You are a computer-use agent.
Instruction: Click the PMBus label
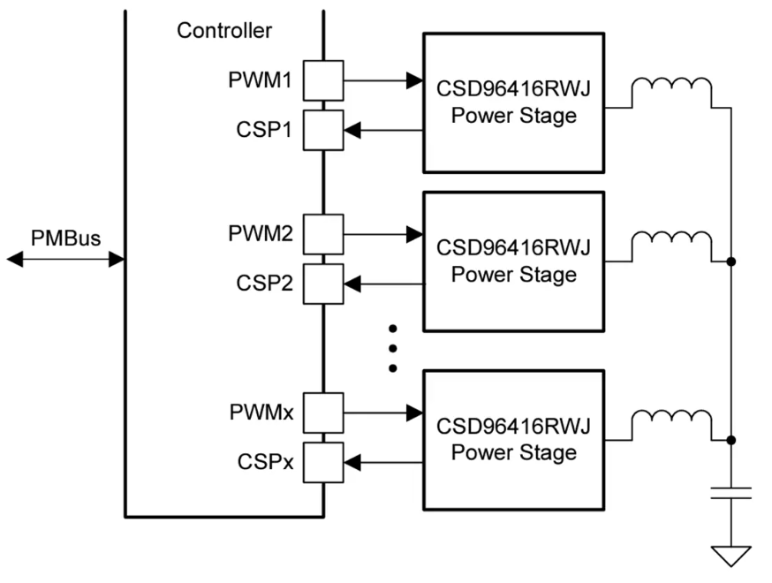[x=65, y=238]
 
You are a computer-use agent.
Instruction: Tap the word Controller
[x=224, y=30]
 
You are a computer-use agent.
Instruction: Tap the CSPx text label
[x=264, y=461]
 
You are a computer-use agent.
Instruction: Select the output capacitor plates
[x=731, y=492]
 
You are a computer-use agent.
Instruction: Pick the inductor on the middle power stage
[x=672, y=243]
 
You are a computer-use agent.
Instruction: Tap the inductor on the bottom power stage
[x=672, y=421]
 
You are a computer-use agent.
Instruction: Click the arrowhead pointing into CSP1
[x=352, y=131]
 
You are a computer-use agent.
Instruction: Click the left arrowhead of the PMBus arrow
[x=15, y=259]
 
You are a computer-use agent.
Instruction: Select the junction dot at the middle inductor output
[x=730, y=261]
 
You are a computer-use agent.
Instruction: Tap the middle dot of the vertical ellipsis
[x=393, y=347]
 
